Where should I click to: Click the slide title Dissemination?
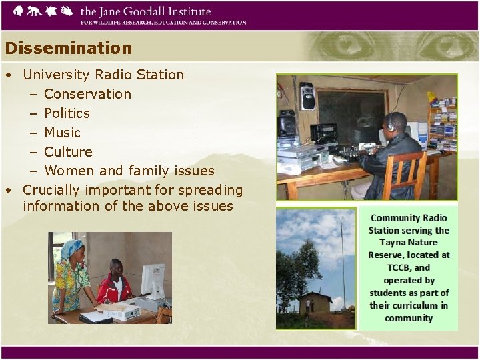(x=68, y=49)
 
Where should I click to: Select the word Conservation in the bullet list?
(x=87, y=94)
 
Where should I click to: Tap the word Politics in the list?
(x=67, y=113)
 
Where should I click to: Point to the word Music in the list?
(x=62, y=133)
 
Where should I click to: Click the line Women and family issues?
(x=129, y=171)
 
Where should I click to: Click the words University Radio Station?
(x=103, y=75)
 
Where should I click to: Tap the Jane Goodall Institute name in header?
(x=145, y=12)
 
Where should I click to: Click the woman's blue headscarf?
(x=71, y=249)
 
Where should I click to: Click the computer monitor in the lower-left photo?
(x=152, y=280)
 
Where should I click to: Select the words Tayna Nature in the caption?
(x=409, y=243)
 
